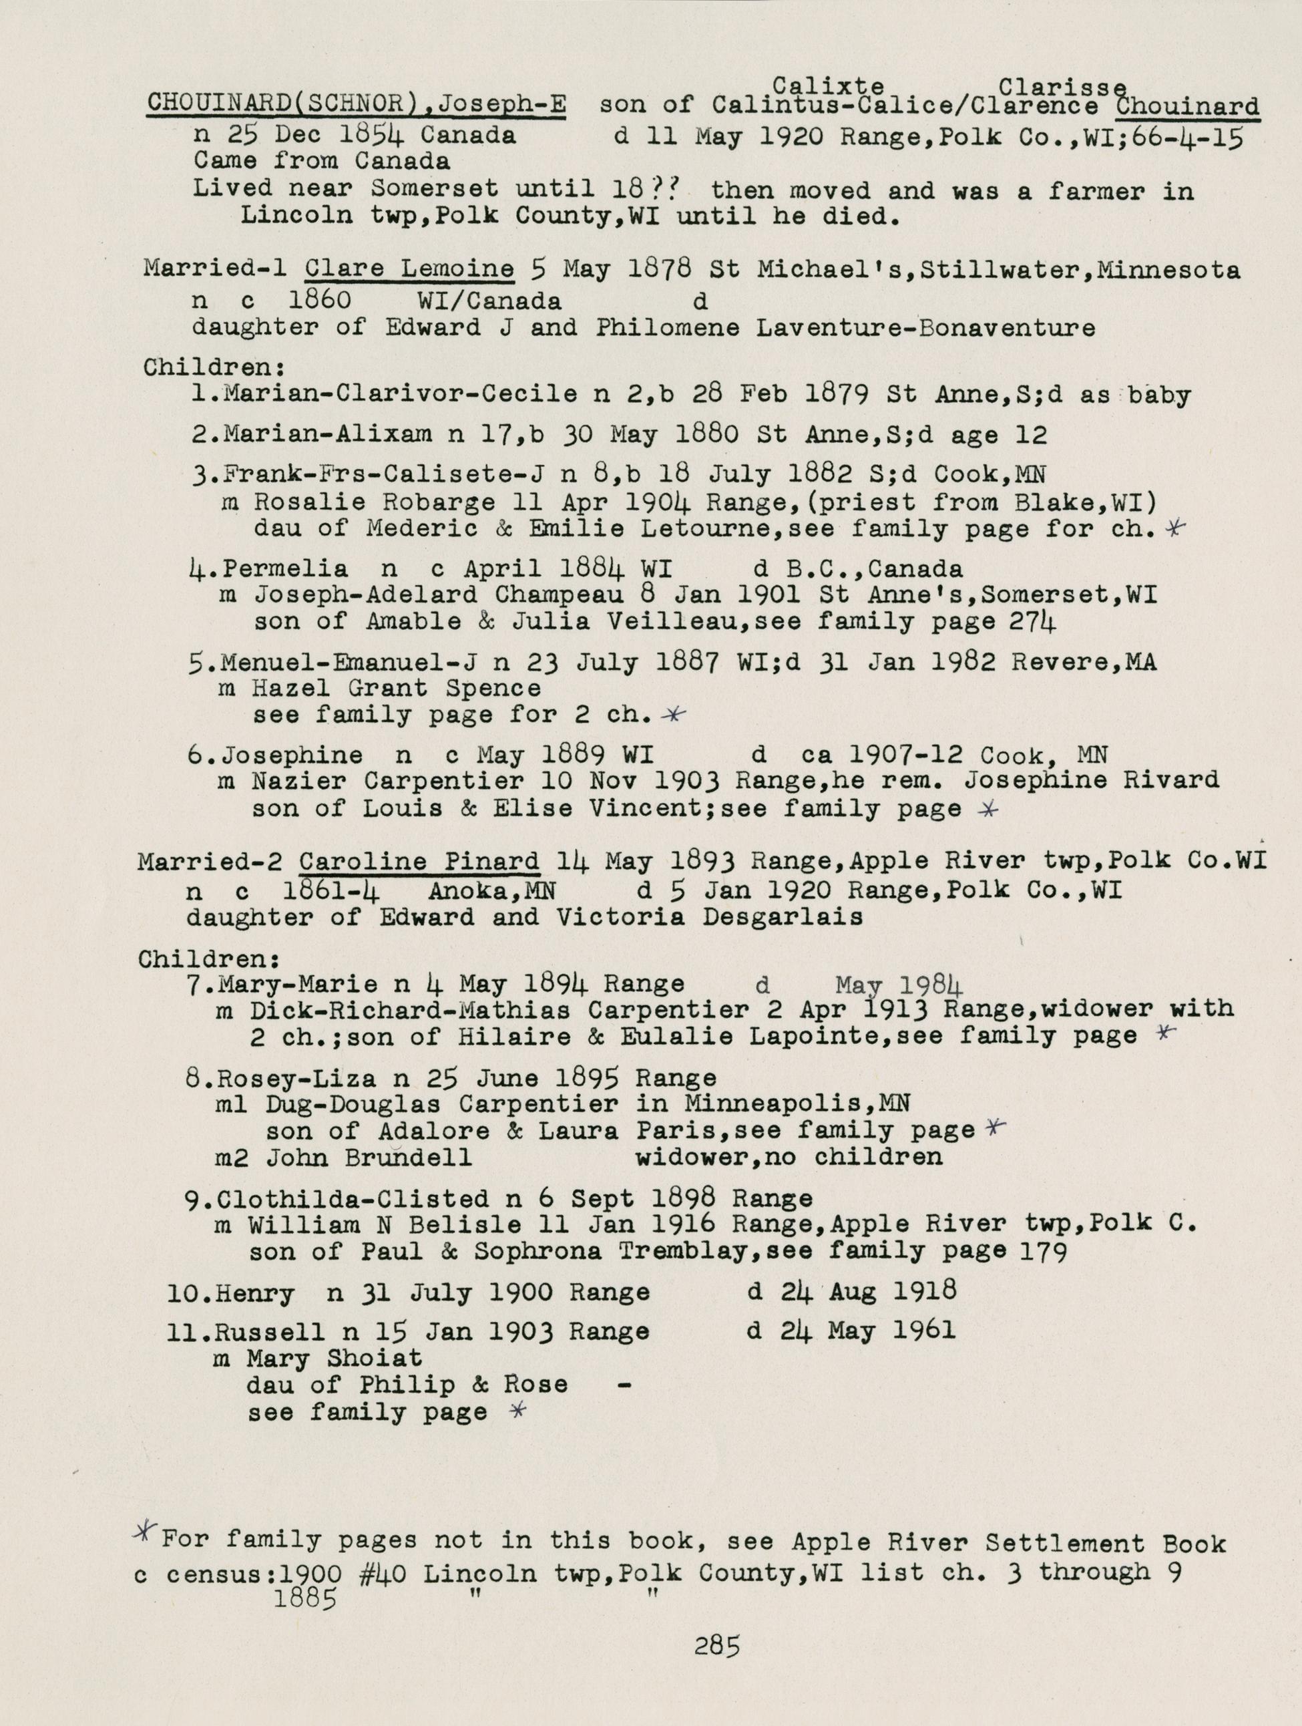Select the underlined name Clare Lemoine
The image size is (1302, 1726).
click(409, 270)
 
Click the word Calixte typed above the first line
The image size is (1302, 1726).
click(829, 85)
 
